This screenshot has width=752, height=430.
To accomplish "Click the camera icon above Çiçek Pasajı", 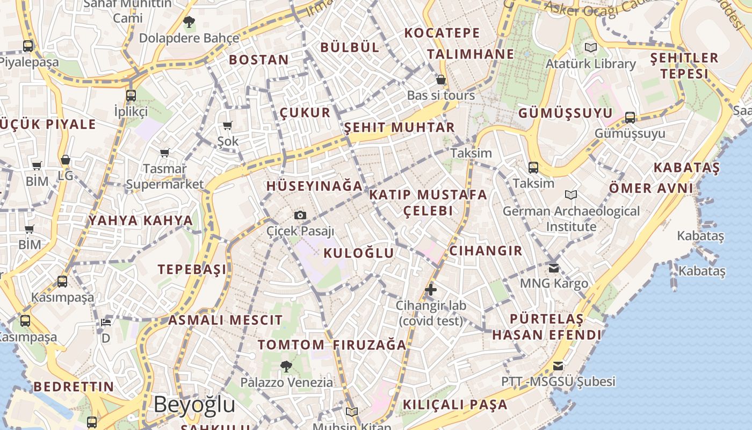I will coord(300,216).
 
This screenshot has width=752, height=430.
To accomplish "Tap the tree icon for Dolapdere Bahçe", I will coord(189,22).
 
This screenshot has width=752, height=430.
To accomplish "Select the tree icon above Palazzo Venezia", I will coord(286,367).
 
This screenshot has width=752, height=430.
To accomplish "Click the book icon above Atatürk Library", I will coord(591,48).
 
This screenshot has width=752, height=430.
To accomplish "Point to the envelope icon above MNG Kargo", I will coord(554,267).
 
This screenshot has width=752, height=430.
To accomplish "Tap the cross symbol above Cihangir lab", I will coord(431,290).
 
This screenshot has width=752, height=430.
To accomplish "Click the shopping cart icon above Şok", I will coord(227,126).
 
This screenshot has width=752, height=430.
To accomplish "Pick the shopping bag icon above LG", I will coord(66,160).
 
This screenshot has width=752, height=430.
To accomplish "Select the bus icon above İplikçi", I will coord(131,96).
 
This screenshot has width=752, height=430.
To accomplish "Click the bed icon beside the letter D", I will coord(106,322).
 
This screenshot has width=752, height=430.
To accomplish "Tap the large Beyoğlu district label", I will coord(194,404).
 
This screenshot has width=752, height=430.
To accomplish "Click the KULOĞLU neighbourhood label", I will coord(359,253).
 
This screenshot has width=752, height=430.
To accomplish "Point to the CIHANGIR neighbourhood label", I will coord(486,250).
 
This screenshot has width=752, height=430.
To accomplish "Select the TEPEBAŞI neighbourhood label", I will coord(192,269).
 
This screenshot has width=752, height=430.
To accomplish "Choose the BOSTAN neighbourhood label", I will coord(259,60).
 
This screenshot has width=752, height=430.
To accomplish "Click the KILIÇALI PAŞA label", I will coord(455,405).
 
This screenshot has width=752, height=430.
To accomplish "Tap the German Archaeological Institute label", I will coord(571,219).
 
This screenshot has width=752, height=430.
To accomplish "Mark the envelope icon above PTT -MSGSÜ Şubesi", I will coord(558,366).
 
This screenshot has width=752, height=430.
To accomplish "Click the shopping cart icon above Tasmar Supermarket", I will coord(165,153).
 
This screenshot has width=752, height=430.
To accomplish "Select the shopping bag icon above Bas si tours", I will coord(441,80).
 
